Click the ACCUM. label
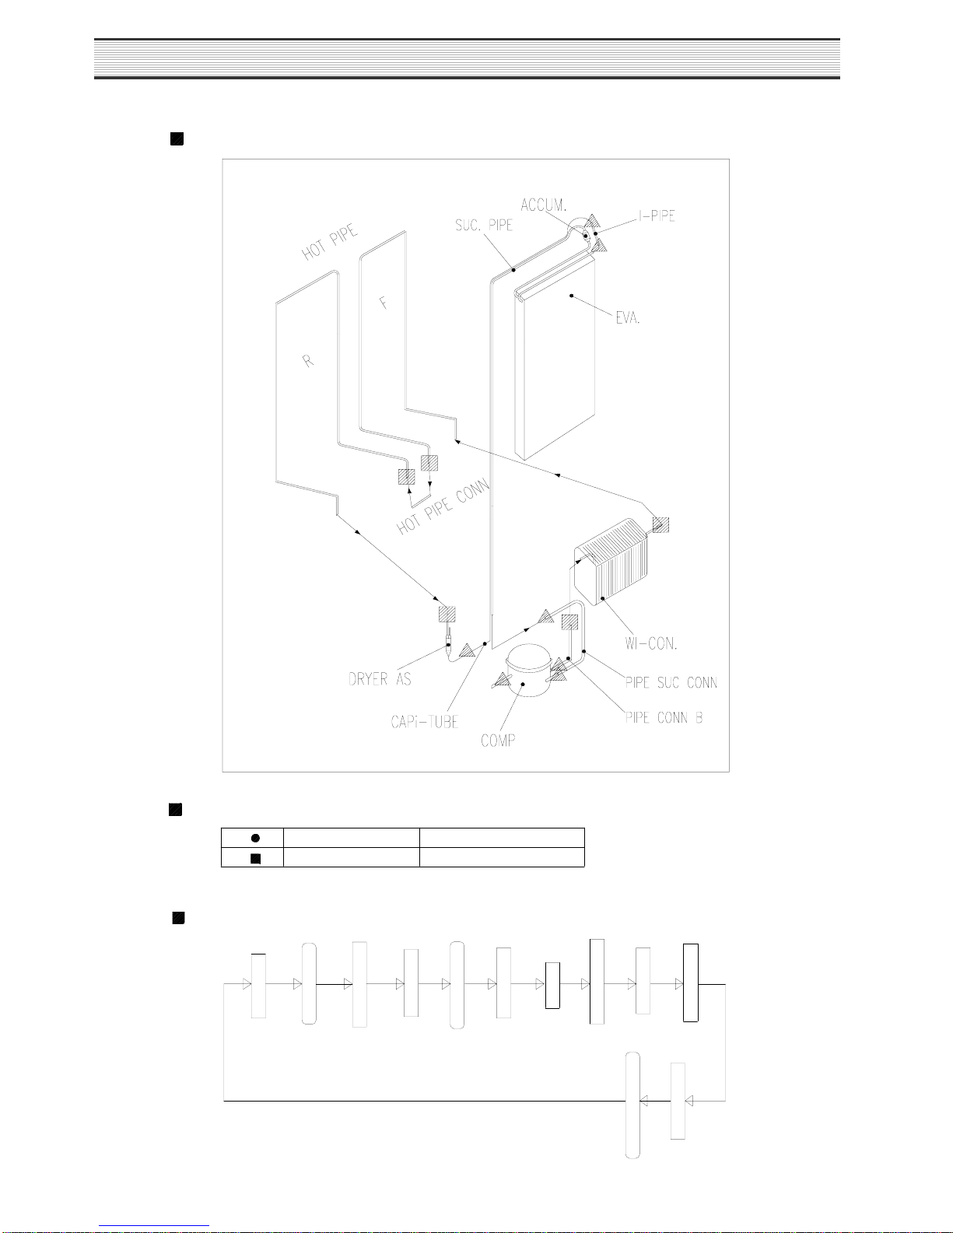click(544, 205)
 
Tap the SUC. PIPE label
click(484, 226)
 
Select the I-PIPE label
click(657, 215)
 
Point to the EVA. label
click(628, 317)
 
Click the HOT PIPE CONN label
click(443, 506)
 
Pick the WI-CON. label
click(650, 643)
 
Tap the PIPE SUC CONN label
click(671, 682)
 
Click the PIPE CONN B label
click(664, 717)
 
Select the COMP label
click(498, 740)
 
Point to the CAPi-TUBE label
click(424, 721)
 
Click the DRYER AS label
click(380, 678)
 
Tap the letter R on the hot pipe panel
click(307, 361)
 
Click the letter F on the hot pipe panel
click(384, 303)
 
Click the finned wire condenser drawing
click(611, 561)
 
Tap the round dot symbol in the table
click(255, 838)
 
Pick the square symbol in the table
click(255, 859)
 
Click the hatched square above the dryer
click(447, 615)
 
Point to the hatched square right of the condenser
click(660, 525)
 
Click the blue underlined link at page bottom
click(154, 1226)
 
